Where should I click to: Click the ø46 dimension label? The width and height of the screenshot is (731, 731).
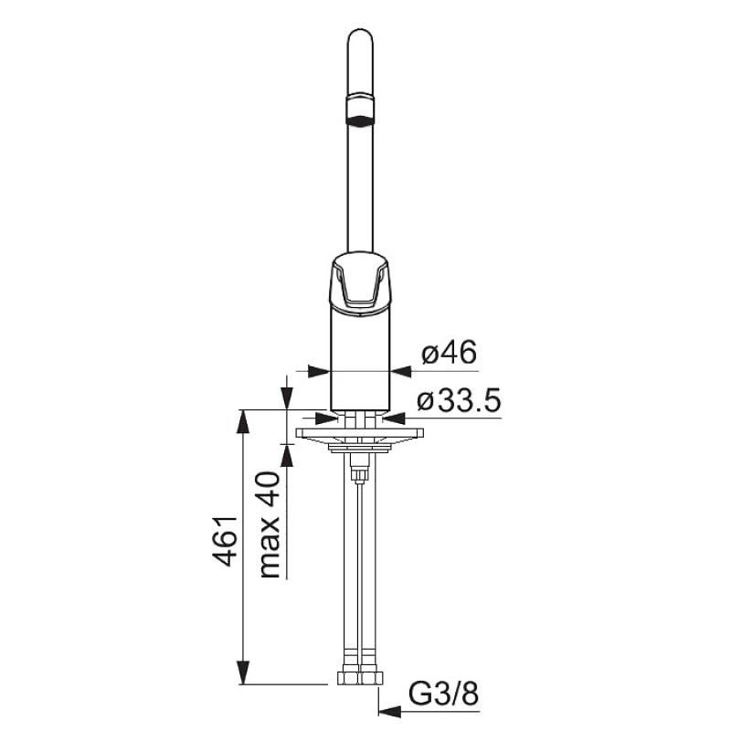[449, 353]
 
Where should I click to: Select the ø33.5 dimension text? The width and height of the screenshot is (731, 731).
[459, 401]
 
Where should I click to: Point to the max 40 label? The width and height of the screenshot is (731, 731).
[269, 524]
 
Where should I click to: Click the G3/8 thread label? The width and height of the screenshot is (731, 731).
[443, 694]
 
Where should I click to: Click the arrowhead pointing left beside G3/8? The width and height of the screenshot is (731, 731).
[390, 711]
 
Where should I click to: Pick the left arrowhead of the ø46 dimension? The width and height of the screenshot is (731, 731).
[319, 371]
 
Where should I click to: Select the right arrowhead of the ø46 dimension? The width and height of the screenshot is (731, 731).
[401, 371]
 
